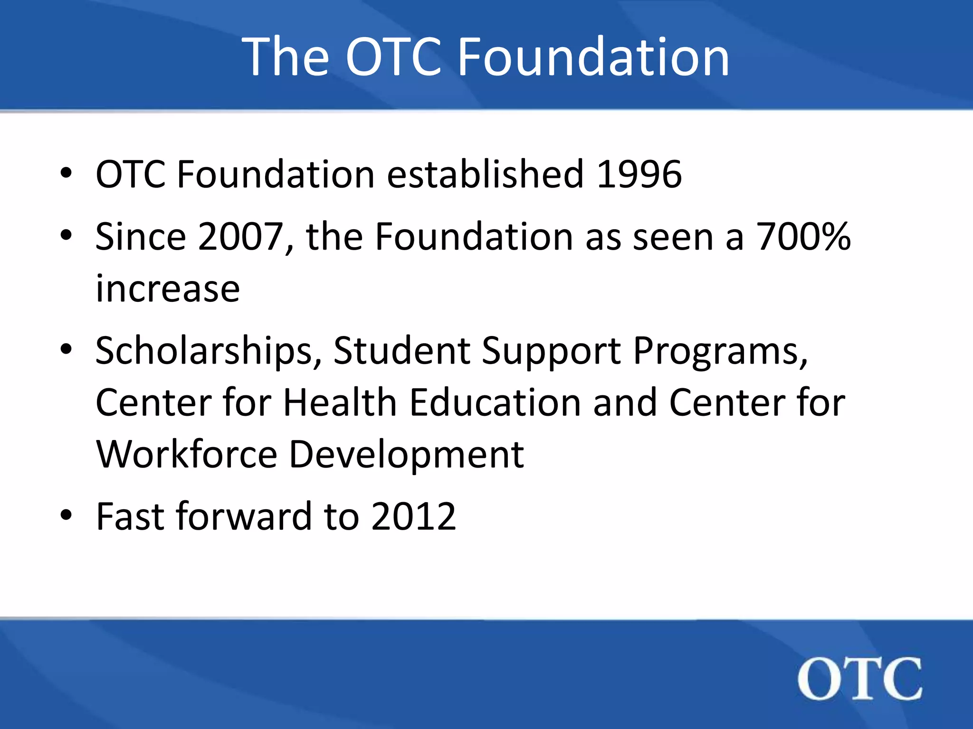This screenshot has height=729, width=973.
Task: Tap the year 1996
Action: click(639, 174)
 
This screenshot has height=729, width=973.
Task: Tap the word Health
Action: click(340, 402)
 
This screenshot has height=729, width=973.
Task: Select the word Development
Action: click(406, 454)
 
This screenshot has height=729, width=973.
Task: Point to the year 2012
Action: click(413, 516)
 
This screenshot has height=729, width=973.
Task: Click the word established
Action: click(485, 174)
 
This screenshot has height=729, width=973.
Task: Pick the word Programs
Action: click(720, 351)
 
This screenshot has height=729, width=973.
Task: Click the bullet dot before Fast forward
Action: click(66, 515)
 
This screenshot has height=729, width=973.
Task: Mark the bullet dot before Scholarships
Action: click(66, 350)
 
